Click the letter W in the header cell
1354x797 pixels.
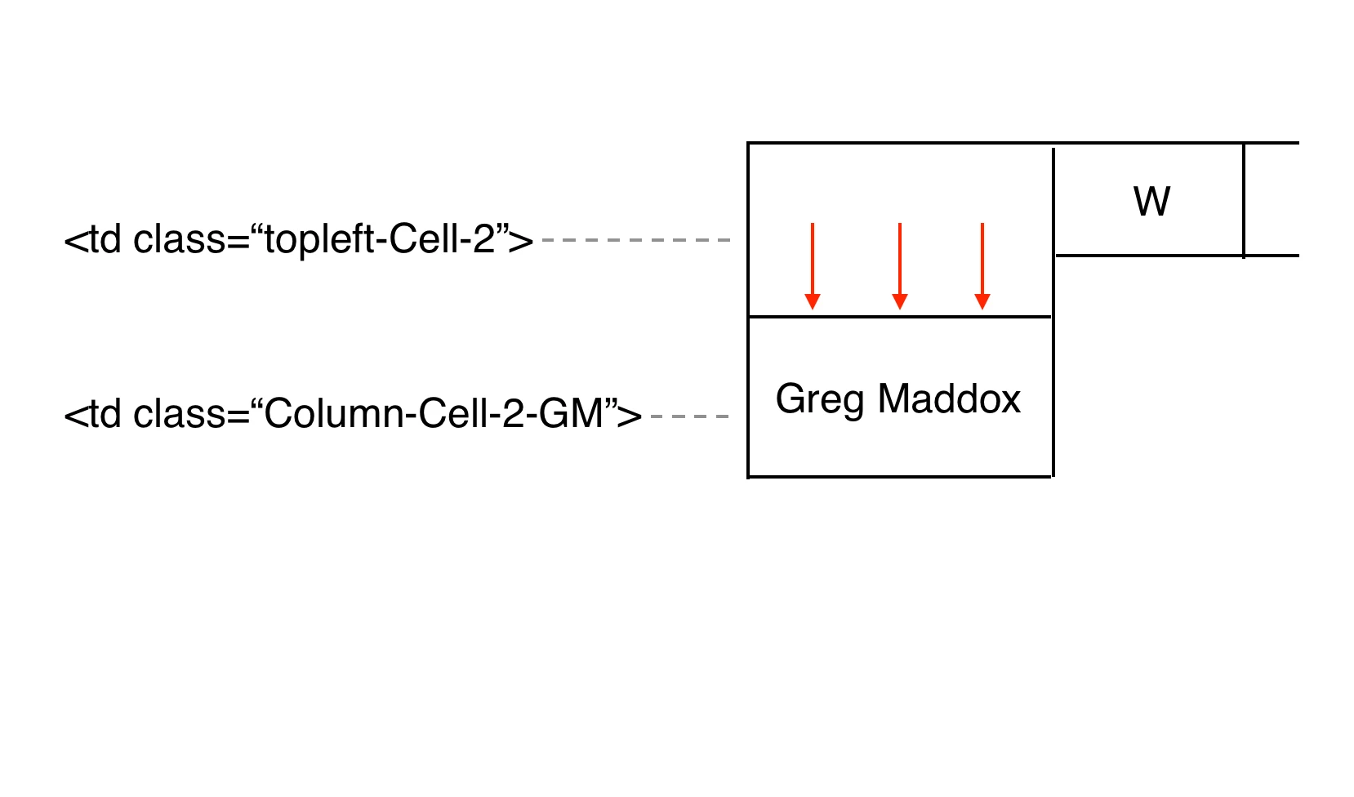coord(1151,202)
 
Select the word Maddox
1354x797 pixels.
coord(949,399)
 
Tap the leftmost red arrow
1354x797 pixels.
coord(813,265)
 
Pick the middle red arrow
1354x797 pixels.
coord(900,265)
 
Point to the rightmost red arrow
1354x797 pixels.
coord(982,265)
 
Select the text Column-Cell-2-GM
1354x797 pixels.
coord(434,414)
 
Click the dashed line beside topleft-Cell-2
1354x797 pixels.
coord(635,240)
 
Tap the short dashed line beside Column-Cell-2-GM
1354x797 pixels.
coord(689,416)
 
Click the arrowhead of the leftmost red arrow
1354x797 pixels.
coord(813,301)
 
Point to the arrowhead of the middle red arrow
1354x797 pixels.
coord(900,301)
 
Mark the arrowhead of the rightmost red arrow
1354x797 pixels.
coord(982,301)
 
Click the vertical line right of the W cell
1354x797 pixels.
coord(1244,201)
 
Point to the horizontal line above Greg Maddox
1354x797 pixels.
coord(900,317)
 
